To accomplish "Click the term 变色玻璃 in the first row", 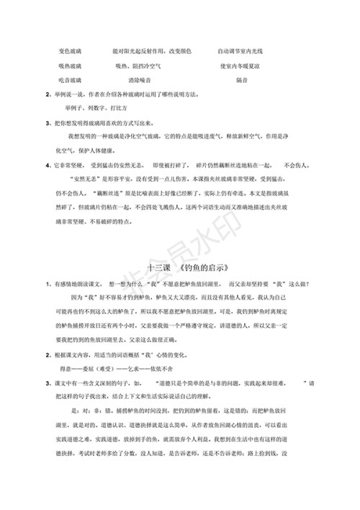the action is coord(70,52).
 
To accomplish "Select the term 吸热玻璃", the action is coord(70,66).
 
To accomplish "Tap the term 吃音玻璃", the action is coord(70,79).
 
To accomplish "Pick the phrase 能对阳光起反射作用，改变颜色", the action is coord(152,52).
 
